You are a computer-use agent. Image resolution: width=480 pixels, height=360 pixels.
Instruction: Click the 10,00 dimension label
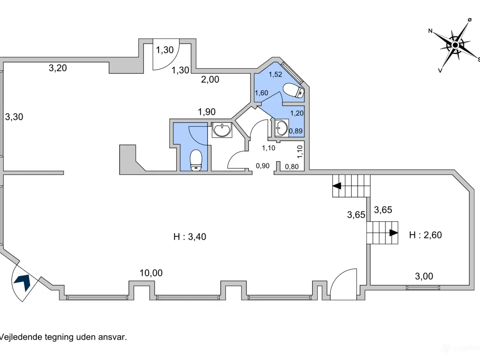click(x=151, y=273)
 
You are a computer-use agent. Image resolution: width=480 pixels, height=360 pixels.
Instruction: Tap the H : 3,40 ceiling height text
click(x=190, y=237)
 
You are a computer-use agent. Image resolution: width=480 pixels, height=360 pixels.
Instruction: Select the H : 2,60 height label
click(x=425, y=235)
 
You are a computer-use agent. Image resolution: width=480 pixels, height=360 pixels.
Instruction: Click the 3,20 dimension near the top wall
click(x=58, y=68)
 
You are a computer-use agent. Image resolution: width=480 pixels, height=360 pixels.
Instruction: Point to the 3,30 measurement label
click(x=14, y=117)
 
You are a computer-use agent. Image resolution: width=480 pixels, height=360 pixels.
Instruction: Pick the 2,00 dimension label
click(x=210, y=79)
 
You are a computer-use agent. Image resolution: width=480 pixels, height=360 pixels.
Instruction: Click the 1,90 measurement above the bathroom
click(x=207, y=112)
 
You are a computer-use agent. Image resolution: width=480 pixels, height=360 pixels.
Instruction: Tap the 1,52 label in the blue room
click(x=275, y=74)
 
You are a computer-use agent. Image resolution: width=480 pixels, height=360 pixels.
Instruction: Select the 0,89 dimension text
click(x=295, y=131)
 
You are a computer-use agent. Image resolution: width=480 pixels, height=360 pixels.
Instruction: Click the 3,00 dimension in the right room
click(x=424, y=276)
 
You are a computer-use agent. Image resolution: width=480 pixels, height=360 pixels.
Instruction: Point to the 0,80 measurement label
click(x=292, y=167)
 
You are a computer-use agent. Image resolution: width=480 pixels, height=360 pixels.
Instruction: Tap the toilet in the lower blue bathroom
click(x=196, y=160)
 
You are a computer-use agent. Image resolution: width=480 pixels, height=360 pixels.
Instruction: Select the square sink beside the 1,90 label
click(x=222, y=130)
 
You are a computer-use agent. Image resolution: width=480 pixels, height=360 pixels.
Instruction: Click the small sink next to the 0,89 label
click(x=282, y=128)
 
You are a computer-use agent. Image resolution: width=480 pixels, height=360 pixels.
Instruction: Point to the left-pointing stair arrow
click(x=337, y=186)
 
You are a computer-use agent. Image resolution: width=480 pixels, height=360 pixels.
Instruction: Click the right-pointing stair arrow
click(x=394, y=233)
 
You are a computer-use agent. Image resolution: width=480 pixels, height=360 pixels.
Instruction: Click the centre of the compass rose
click(x=455, y=45)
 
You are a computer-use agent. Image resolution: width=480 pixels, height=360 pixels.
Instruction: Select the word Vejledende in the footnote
click(x=21, y=337)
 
